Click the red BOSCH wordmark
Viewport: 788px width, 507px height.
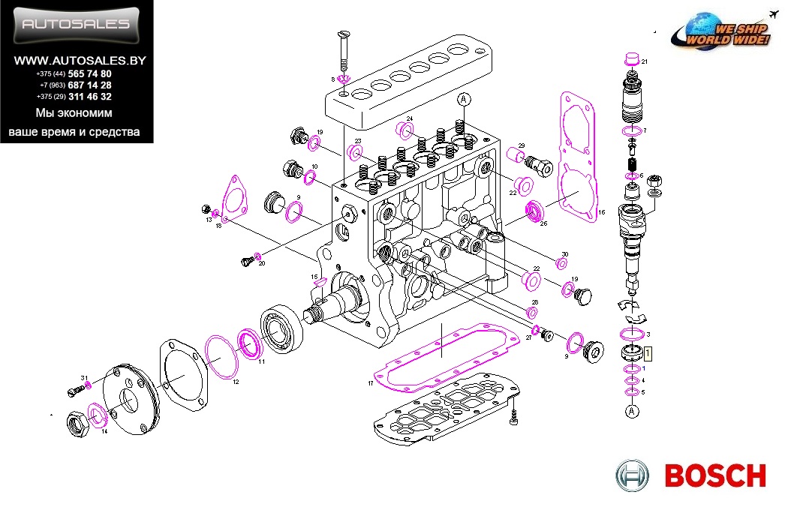pyautogui.click(x=715, y=475)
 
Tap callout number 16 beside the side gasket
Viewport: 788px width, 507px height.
pyautogui.click(x=600, y=212)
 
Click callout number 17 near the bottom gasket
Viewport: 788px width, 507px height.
pyautogui.click(x=371, y=384)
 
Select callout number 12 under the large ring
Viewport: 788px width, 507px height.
pyautogui.click(x=235, y=382)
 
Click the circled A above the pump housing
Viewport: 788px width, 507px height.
pyautogui.click(x=464, y=99)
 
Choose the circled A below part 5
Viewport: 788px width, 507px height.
pyautogui.click(x=632, y=410)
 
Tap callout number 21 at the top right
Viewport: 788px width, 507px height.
pyautogui.click(x=644, y=61)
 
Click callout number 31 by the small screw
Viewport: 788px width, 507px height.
pyautogui.click(x=85, y=377)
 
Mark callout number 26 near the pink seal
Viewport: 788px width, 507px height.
pyautogui.click(x=543, y=223)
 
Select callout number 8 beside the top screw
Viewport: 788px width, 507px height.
pyautogui.click(x=332, y=79)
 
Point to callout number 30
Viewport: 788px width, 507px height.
pyautogui.click(x=565, y=255)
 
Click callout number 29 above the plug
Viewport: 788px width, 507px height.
pyautogui.click(x=521, y=145)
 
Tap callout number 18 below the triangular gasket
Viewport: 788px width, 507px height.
pyautogui.click(x=218, y=225)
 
